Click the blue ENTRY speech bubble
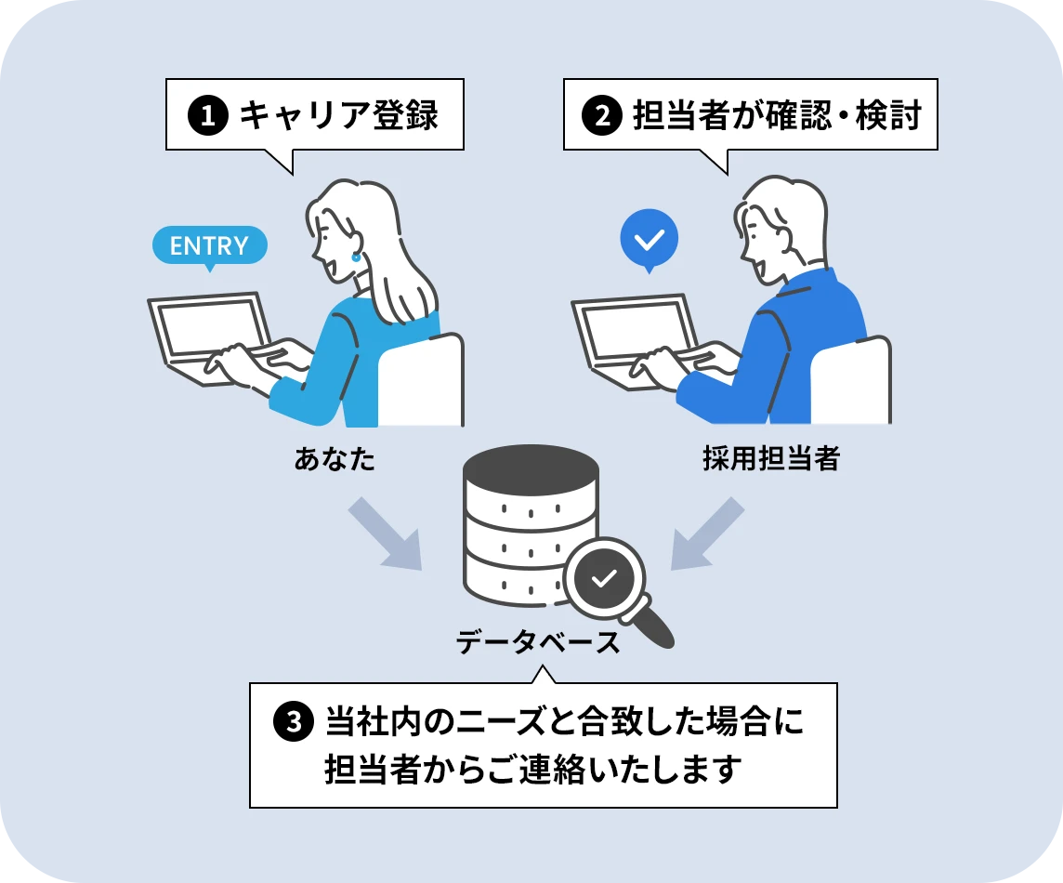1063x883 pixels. pos(209,245)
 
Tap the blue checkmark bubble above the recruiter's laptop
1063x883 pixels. pos(649,239)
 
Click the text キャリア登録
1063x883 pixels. pos(338,117)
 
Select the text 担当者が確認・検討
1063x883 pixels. pos(776,117)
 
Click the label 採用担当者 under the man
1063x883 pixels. pos(770,459)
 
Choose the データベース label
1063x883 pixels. pos(538,641)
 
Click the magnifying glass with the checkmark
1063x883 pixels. pos(605,578)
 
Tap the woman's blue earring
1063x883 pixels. pos(355,257)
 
